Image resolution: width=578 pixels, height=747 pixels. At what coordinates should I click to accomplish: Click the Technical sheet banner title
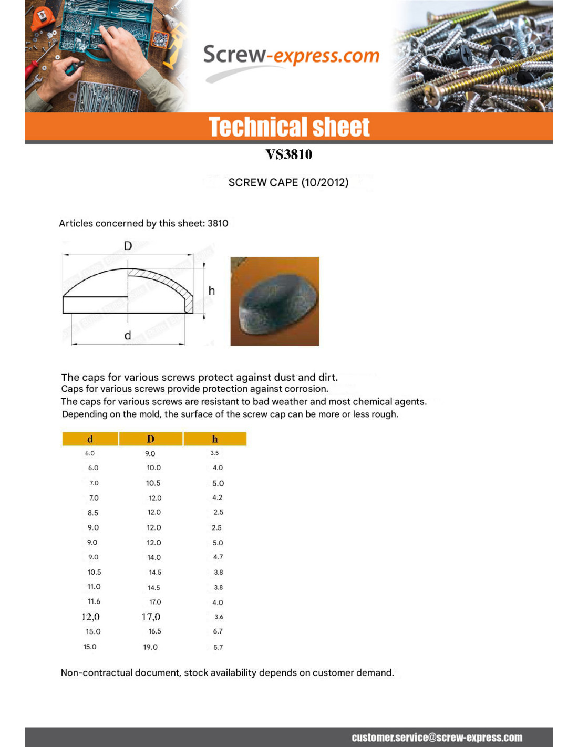click(x=289, y=127)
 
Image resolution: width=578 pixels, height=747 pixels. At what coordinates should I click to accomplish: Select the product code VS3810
click(x=288, y=154)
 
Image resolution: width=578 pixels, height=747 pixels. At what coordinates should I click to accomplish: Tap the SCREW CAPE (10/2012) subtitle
click(x=288, y=182)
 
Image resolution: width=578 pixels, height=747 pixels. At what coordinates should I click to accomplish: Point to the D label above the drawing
click(x=128, y=246)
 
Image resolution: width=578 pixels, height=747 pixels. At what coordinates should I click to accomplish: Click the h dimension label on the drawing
click(x=211, y=290)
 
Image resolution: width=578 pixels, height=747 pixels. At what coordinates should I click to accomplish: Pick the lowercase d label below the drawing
click(x=128, y=335)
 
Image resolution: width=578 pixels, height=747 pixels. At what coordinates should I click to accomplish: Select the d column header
click(x=90, y=439)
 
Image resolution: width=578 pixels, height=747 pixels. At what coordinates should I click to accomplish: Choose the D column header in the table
click(x=151, y=439)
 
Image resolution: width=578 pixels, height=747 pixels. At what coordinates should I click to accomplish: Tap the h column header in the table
click(x=215, y=439)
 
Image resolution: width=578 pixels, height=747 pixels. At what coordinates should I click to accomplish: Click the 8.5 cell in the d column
click(x=93, y=513)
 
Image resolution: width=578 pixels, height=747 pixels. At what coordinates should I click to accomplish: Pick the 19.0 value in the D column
click(x=150, y=647)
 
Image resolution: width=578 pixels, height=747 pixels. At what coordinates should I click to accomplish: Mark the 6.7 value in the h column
click(x=218, y=631)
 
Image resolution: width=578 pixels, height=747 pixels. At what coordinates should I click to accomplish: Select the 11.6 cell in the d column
click(x=94, y=601)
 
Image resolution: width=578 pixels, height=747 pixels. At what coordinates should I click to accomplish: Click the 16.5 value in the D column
click(x=154, y=631)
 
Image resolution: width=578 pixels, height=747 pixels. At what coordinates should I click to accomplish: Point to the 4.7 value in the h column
click(x=218, y=557)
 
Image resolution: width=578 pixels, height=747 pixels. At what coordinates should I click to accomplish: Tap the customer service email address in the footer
click(x=437, y=738)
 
